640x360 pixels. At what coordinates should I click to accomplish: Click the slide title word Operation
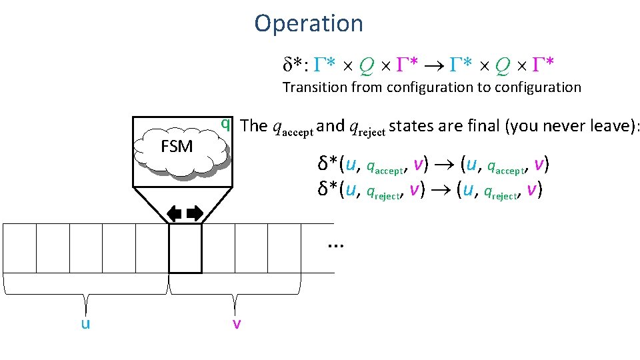pos(309,24)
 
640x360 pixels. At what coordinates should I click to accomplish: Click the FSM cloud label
pos(177,146)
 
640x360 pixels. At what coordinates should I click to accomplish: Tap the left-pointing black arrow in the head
pos(174,213)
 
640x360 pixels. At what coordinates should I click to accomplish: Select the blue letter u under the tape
pos(86,323)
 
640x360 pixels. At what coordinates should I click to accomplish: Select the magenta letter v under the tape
pos(236,323)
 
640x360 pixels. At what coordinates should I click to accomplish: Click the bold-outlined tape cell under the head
pos(185,248)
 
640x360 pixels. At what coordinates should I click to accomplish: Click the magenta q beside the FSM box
pos(226,123)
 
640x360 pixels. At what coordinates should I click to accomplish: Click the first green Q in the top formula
pos(365,65)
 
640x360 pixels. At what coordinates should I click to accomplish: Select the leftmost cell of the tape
pos(19,248)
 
